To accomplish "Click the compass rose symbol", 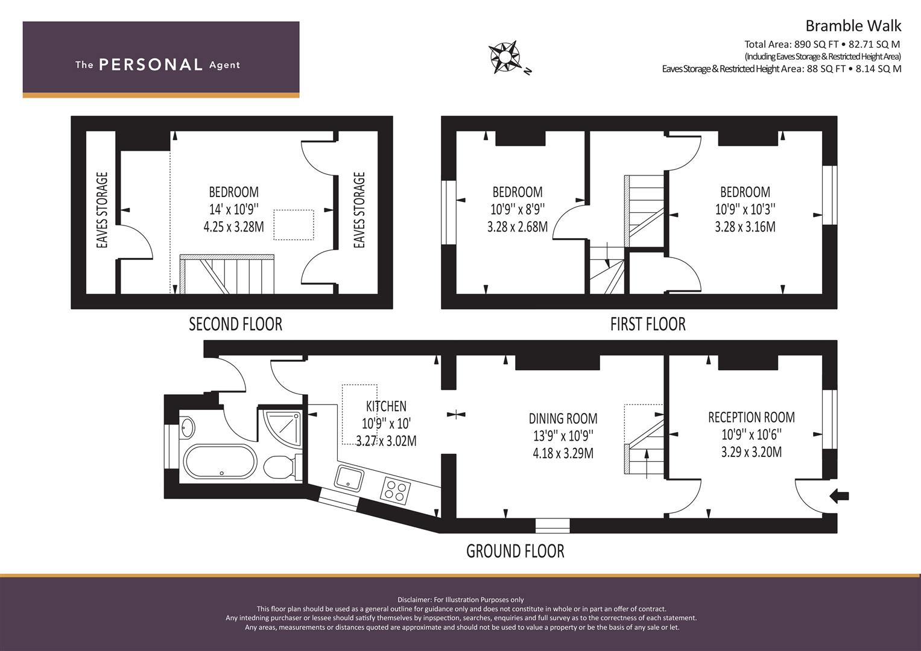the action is click(x=504, y=57).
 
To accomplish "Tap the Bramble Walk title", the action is click(x=853, y=26).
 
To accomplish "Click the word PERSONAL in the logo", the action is click(x=151, y=64).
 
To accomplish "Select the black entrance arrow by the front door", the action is click(x=839, y=497).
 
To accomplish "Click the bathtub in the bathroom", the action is click(x=220, y=462).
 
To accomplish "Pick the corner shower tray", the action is click(x=283, y=428).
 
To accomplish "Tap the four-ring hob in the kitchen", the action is click(x=395, y=490).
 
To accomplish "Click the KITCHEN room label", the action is click(x=386, y=406).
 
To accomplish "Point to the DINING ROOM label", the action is click(x=563, y=418).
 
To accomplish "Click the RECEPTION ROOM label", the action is click(x=751, y=417).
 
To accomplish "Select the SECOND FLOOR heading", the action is click(x=236, y=324).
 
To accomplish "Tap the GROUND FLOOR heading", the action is click(x=515, y=551).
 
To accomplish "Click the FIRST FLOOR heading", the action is click(x=648, y=324).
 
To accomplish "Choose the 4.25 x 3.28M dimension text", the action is click(x=234, y=227).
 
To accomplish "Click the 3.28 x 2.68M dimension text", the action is click(x=517, y=227).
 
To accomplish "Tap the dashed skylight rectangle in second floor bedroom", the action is click(x=294, y=225).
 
